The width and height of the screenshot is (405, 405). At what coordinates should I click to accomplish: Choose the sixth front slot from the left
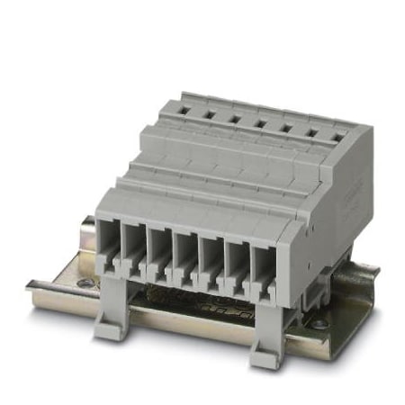[x=236, y=257]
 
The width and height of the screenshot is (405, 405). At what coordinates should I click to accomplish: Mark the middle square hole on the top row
[x=258, y=121]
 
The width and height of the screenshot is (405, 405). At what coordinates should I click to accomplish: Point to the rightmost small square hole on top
[x=338, y=136]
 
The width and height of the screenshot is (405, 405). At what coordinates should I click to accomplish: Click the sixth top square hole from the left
[x=311, y=131]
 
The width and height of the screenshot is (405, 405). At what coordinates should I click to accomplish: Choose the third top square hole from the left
[x=232, y=116]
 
